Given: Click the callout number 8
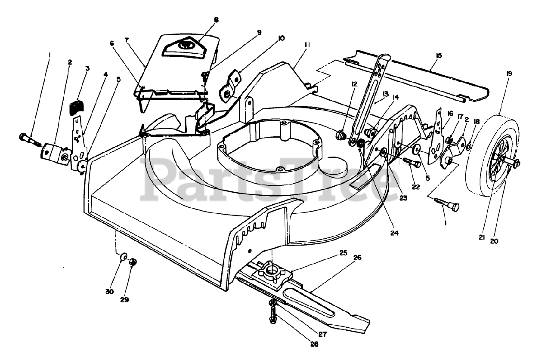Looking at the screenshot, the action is pyautogui.click(x=216, y=20).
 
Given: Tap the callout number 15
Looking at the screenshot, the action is pyautogui.click(x=439, y=55).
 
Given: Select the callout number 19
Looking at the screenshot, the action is pyautogui.click(x=509, y=74).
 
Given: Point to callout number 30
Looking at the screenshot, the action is pyautogui.click(x=110, y=292).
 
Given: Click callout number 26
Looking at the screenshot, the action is pyautogui.click(x=358, y=258).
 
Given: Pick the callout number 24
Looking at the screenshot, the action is pyautogui.click(x=394, y=233).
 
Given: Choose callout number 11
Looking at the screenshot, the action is pyautogui.click(x=307, y=45).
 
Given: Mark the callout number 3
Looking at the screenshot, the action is pyautogui.click(x=87, y=68).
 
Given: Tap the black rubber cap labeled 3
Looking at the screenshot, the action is pyautogui.click(x=77, y=107).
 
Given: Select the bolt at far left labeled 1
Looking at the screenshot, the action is pyautogui.click(x=30, y=140).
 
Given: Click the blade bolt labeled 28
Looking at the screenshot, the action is pyautogui.click(x=273, y=315).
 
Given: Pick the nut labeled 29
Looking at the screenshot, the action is pyautogui.click(x=133, y=262).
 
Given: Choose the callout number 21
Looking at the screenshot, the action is pyautogui.click(x=481, y=237).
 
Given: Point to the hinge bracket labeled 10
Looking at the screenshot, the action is pyautogui.click(x=229, y=87).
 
